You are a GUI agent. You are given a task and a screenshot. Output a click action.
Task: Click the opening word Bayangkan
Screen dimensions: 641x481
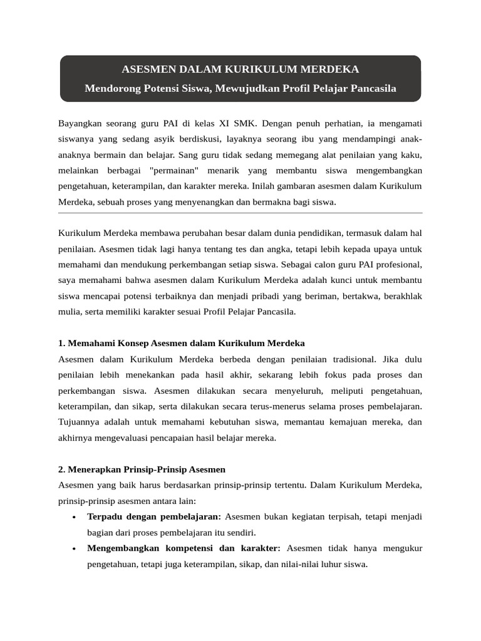(x=80, y=121)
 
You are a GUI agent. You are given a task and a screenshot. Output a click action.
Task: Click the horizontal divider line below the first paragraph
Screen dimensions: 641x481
(x=240, y=213)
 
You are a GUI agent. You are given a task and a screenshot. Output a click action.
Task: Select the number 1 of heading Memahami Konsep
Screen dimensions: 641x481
(x=61, y=343)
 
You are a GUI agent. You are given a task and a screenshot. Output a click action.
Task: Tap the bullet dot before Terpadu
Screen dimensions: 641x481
(x=75, y=517)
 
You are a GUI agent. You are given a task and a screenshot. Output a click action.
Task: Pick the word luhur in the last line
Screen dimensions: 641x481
(x=325, y=564)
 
